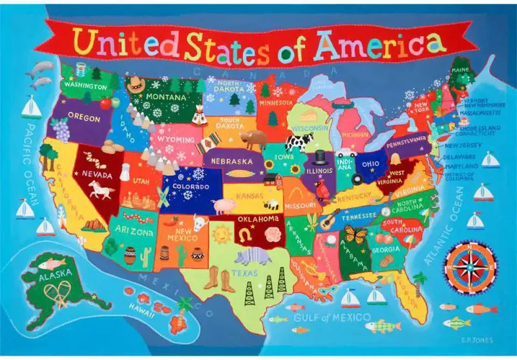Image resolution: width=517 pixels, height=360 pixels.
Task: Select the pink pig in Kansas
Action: pos(224,206)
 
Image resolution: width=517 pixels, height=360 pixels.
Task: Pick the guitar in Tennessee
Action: pos(330,220)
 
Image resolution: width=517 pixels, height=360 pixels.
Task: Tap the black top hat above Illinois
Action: pos(319,158)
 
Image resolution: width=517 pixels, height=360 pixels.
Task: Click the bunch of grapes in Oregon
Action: pos(61,130)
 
